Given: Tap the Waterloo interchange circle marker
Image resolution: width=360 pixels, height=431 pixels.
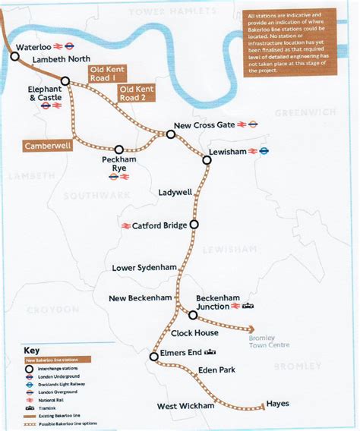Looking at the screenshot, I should pos(14,56).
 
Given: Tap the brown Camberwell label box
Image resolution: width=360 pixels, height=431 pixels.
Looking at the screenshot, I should pos(48,146).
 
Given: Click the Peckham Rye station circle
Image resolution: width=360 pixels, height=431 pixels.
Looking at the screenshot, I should pos(118,149).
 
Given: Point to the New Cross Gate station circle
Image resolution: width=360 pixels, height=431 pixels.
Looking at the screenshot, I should pos(171,134).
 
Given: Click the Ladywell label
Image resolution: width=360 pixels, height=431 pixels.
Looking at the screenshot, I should pos(175,193).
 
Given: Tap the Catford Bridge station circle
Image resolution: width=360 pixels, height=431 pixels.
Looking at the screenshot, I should pos(194,225).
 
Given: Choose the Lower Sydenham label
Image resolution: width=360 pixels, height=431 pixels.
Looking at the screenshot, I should pos(145,268).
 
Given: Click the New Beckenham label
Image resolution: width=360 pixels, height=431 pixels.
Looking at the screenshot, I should pos(141,298).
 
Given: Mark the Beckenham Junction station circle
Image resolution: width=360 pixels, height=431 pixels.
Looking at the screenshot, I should pos(193,315).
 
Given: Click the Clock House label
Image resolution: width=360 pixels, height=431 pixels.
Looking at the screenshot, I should pos(195,332).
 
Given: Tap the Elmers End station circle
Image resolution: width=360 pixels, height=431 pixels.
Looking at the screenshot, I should pos(153,356).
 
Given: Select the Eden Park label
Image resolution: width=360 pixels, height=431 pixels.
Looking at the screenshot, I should pos(216,370).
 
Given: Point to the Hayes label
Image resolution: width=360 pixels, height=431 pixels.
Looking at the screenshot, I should pos(278,404).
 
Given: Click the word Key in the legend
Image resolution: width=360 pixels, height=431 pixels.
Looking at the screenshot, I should pos(32,351).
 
